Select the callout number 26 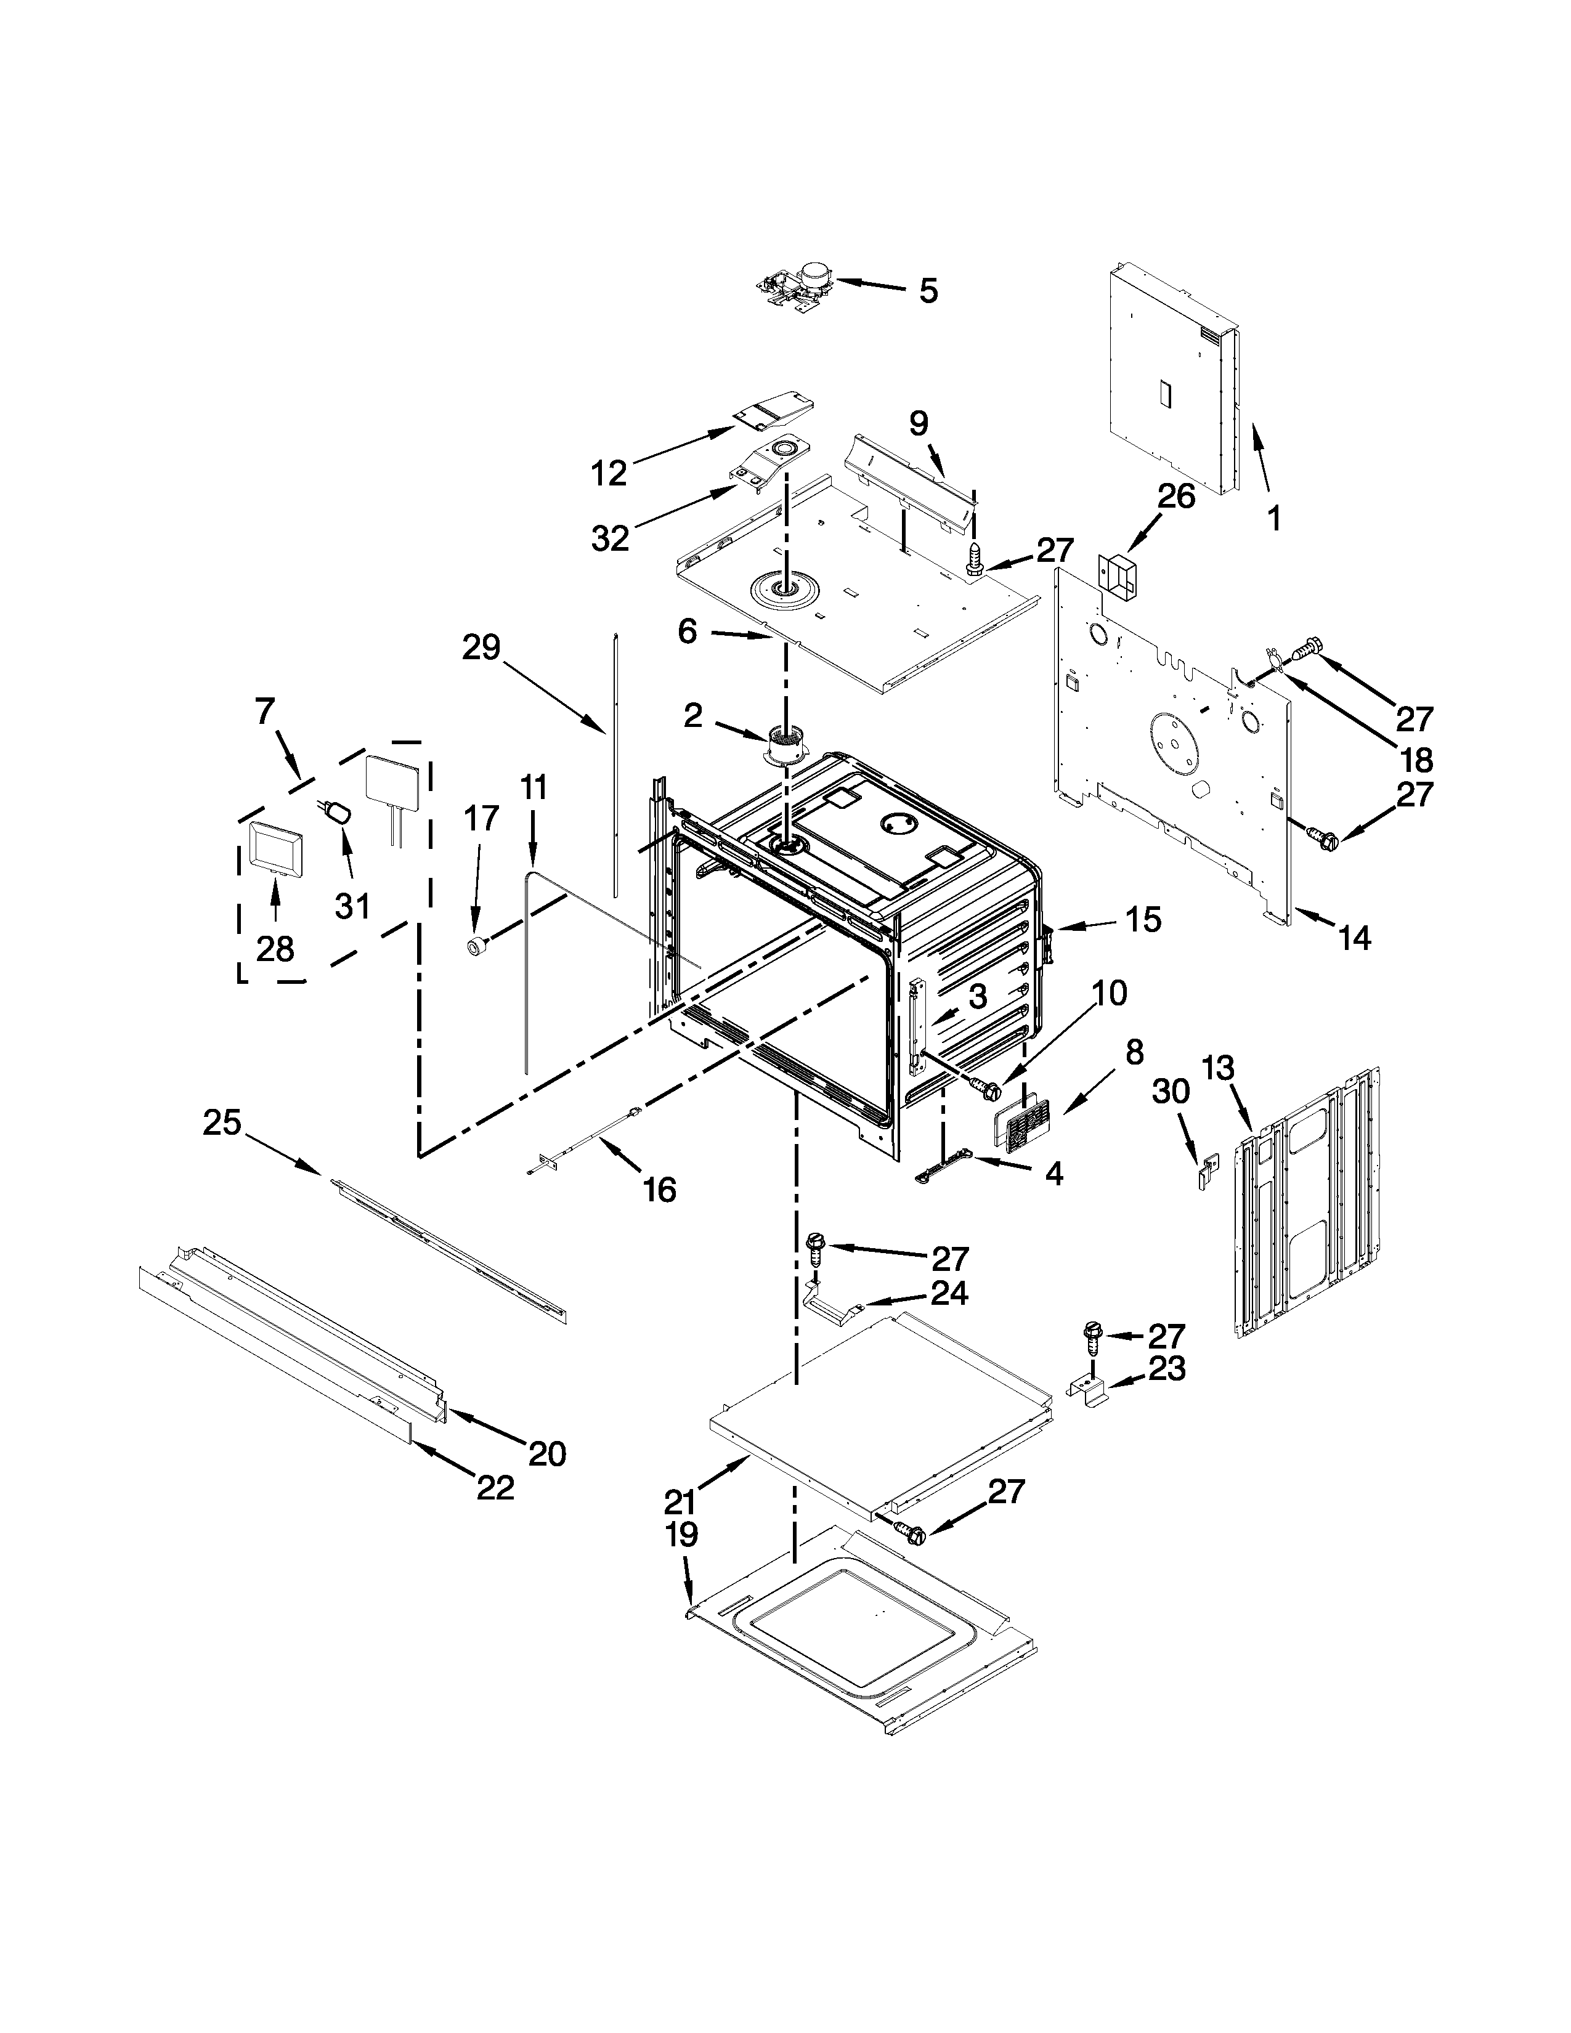click(x=1174, y=496)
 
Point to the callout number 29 click(x=481, y=648)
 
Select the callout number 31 click(x=352, y=906)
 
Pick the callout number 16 click(x=659, y=1190)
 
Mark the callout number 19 click(x=681, y=1535)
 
